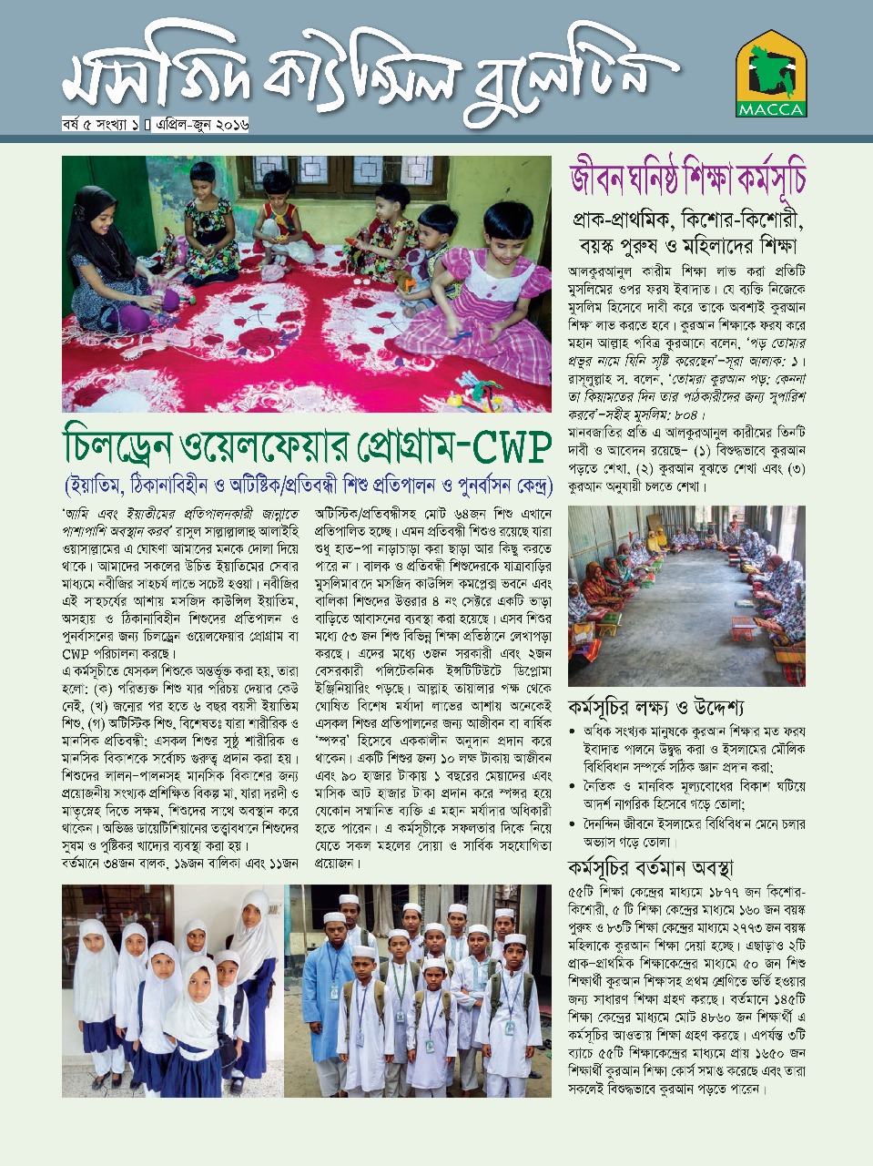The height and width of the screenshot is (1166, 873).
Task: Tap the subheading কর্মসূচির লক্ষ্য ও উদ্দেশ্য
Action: point(656,707)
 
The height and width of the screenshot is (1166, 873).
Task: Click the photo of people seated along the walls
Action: point(685,596)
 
